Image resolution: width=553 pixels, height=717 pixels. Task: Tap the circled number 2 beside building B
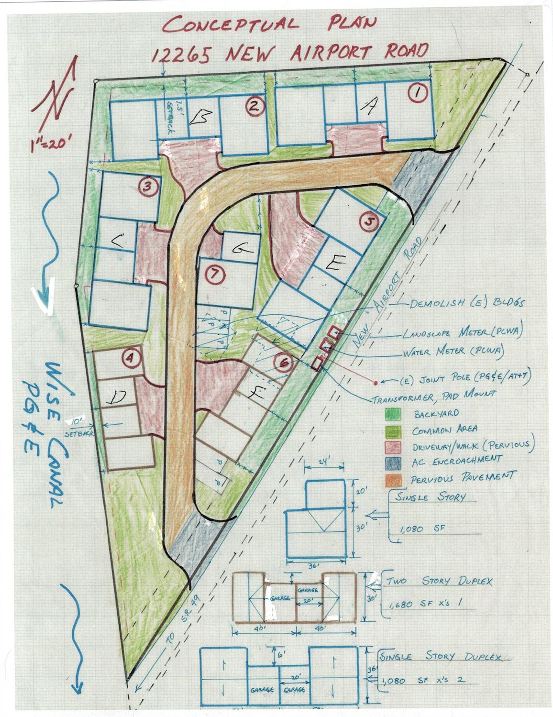(254, 106)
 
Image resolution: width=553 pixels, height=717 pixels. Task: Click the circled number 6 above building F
(284, 364)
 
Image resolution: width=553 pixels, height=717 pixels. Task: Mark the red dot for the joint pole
(376, 383)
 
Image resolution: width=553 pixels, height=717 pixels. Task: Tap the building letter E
(335, 262)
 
